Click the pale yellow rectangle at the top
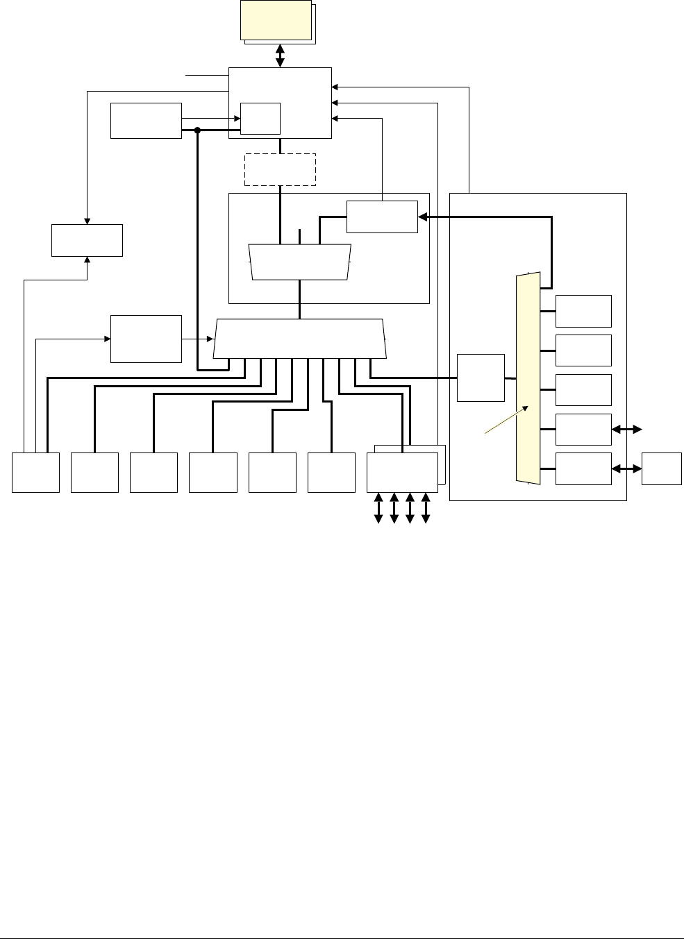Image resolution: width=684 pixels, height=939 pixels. pyautogui.click(x=276, y=20)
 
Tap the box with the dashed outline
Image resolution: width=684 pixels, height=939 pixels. pyautogui.click(x=280, y=169)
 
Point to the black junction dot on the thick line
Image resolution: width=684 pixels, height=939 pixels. pyautogui.click(x=198, y=130)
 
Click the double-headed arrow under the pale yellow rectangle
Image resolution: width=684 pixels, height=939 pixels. pyautogui.click(x=280, y=56)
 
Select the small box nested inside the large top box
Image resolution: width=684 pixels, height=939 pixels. pyautogui.click(x=260, y=118)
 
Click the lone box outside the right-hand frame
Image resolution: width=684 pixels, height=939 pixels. pyautogui.click(x=662, y=468)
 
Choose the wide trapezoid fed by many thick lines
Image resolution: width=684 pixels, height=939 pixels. pyautogui.click(x=299, y=339)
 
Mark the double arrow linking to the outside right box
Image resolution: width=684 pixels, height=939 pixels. pyautogui.click(x=626, y=469)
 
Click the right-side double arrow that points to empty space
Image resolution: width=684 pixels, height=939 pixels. pyautogui.click(x=626, y=430)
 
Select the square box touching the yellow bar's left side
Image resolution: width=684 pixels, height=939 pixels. pyautogui.click(x=481, y=378)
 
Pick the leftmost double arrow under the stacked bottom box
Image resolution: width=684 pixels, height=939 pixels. pyautogui.click(x=378, y=507)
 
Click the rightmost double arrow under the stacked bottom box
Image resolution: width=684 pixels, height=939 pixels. pyautogui.click(x=426, y=507)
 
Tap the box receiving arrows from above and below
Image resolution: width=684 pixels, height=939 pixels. pyautogui.click(x=87, y=240)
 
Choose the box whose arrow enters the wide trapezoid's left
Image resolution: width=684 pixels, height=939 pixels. pyautogui.click(x=146, y=339)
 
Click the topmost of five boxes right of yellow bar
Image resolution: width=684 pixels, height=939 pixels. pyautogui.click(x=584, y=311)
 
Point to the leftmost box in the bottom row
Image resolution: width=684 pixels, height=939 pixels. pyautogui.click(x=35, y=473)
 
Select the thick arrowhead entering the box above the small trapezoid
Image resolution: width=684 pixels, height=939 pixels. pyautogui.click(x=422, y=217)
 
